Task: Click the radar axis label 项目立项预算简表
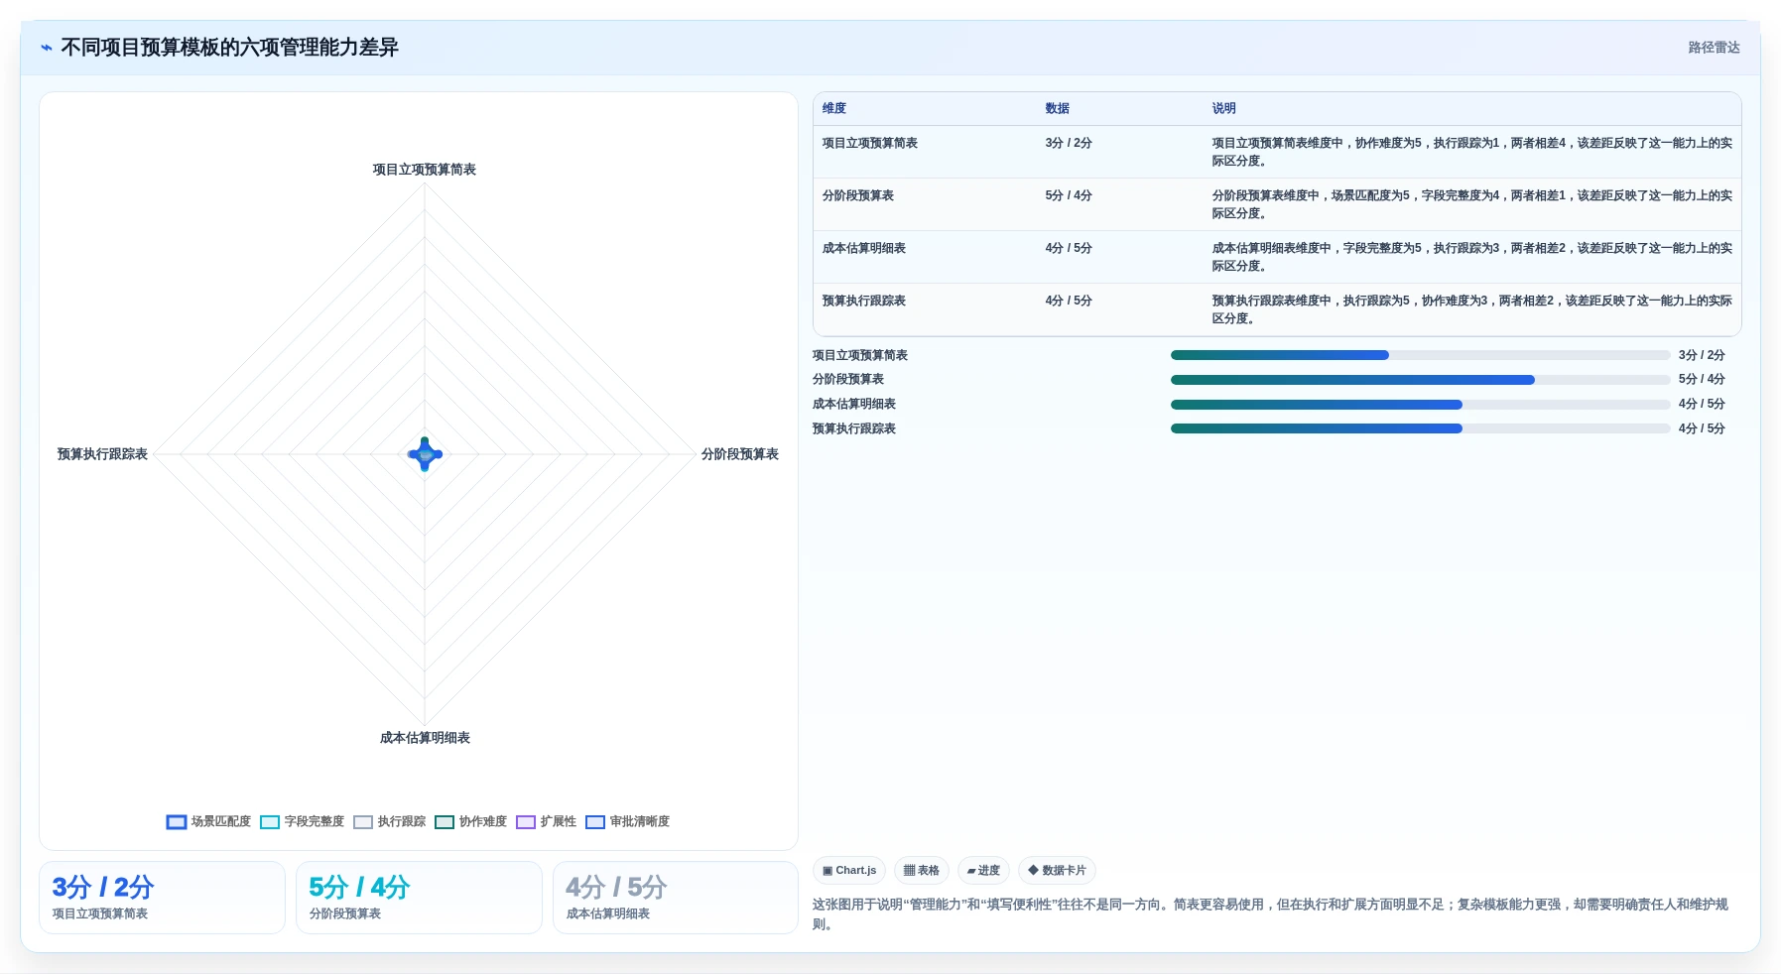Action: (425, 170)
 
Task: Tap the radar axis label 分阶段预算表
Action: (740, 454)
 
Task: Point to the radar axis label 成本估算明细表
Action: (425, 738)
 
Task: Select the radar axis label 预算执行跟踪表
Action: (102, 454)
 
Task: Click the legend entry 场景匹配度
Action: (208, 821)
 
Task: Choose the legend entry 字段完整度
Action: (302, 821)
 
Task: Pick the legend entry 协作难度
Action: (470, 821)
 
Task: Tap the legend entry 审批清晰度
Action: (627, 821)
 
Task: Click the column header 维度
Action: (834, 108)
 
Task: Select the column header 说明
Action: (1223, 108)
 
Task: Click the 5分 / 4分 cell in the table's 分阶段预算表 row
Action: (1068, 195)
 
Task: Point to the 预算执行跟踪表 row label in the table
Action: (863, 301)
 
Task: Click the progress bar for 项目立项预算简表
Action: (1420, 355)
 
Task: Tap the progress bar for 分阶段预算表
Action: (1420, 380)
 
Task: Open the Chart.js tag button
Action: (849, 871)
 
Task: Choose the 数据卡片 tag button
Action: (1057, 871)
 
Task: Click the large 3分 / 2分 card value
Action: (102, 887)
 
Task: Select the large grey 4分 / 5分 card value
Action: (616, 887)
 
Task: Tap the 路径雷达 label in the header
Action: (1714, 48)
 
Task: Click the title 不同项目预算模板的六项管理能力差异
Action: (229, 48)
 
